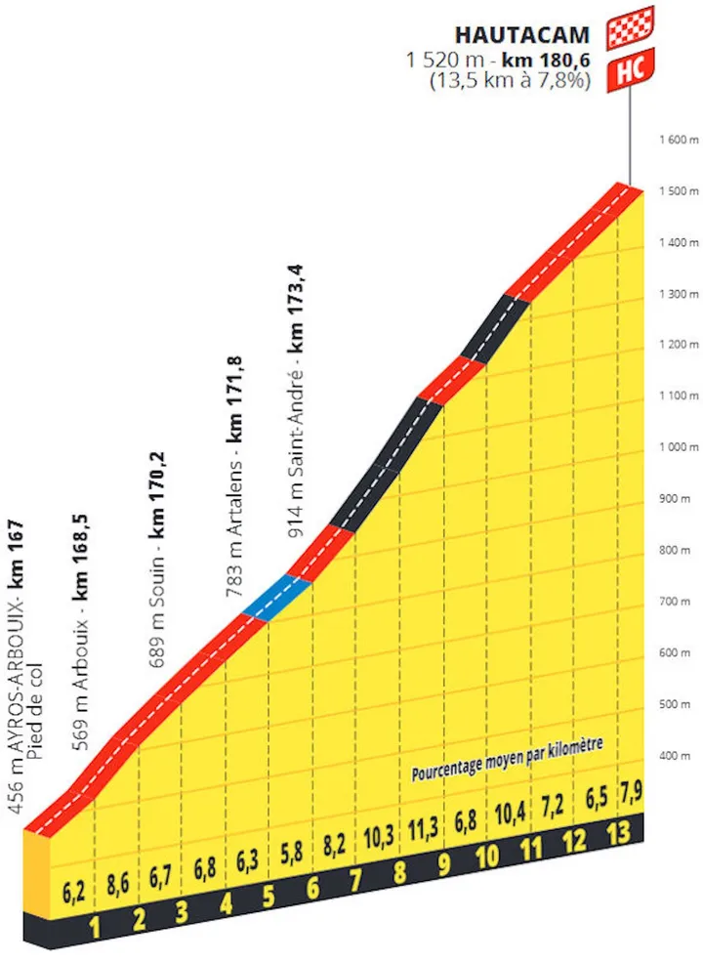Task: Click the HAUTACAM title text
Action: tap(522, 36)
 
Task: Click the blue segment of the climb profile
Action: tap(277, 598)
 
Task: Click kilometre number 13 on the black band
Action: tap(617, 833)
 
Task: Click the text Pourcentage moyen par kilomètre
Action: tap(507, 757)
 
